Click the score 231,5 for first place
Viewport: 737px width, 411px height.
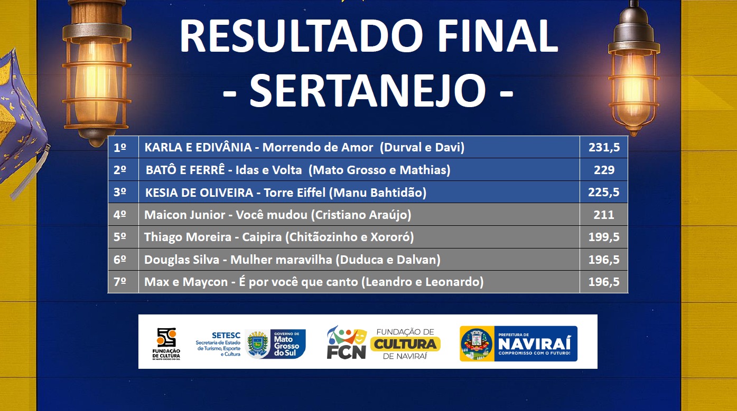tap(604, 148)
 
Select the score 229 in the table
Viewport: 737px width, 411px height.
tap(604, 170)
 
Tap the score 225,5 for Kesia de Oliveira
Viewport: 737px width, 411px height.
tap(604, 192)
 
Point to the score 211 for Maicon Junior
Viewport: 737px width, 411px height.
tap(604, 215)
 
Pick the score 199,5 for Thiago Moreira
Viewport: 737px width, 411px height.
tap(604, 237)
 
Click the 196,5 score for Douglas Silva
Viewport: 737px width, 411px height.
tap(604, 260)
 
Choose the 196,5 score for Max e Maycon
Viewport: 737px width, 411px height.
tap(604, 282)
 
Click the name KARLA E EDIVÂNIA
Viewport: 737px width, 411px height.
tap(198, 147)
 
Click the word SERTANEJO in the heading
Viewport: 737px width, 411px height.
tap(368, 90)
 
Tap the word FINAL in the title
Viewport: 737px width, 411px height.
tap(498, 35)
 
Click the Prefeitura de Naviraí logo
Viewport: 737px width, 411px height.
tap(518, 343)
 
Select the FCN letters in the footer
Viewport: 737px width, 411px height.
tap(346, 351)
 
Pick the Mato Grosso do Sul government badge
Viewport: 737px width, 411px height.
tap(275, 343)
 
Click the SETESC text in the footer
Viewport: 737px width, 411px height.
tap(226, 336)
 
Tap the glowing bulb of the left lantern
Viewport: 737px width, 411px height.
tap(96, 82)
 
